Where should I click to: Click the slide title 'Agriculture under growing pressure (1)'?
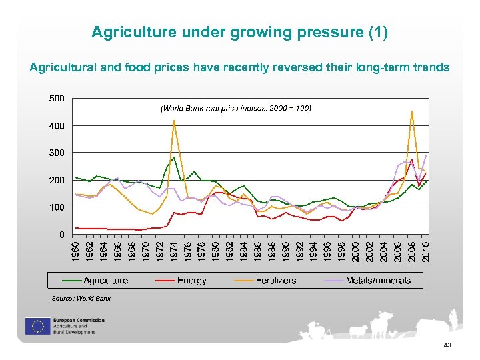click(239, 32)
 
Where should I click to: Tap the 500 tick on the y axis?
click(57, 98)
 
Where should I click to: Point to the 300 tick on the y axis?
click(57, 153)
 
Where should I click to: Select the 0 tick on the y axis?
click(61, 235)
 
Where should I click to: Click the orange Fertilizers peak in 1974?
click(173, 121)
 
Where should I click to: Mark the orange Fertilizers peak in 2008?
click(412, 111)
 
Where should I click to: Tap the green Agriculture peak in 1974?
click(173, 157)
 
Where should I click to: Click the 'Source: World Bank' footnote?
click(81, 298)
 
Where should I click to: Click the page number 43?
click(447, 345)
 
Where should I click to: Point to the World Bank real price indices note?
click(235, 107)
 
